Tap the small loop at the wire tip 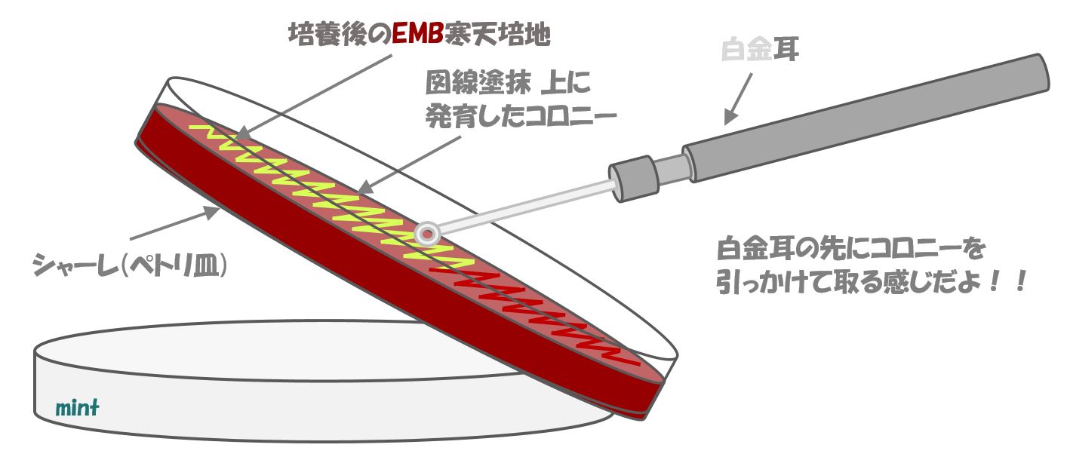pyautogui.click(x=427, y=233)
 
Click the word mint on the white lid pyautogui.click(x=78, y=409)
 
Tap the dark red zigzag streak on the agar pyautogui.click(x=528, y=302)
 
